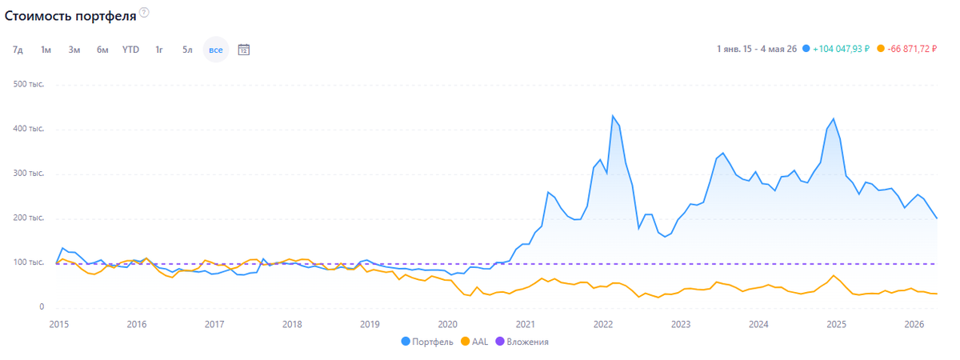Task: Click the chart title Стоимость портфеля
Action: (70, 16)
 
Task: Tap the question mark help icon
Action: (145, 13)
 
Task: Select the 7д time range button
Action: (18, 50)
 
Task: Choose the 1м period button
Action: (46, 50)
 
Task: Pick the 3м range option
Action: (74, 50)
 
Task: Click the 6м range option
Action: (102, 50)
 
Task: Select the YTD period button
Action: (130, 50)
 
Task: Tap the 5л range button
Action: (187, 50)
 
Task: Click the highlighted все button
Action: (216, 50)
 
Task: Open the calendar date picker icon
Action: (244, 50)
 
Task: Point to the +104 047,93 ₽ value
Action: (841, 49)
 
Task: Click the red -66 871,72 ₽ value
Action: (912, 49)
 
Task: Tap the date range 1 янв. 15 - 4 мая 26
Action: (757, 49)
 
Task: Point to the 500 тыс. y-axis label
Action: (29, 84)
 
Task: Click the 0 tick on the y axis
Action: (42, 306)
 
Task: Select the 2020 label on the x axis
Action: (447, 325)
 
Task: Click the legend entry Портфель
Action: (427, 342)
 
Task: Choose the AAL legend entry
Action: (474, 342)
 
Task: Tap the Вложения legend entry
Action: (522, 342)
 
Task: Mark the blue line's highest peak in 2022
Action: (613, 115)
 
